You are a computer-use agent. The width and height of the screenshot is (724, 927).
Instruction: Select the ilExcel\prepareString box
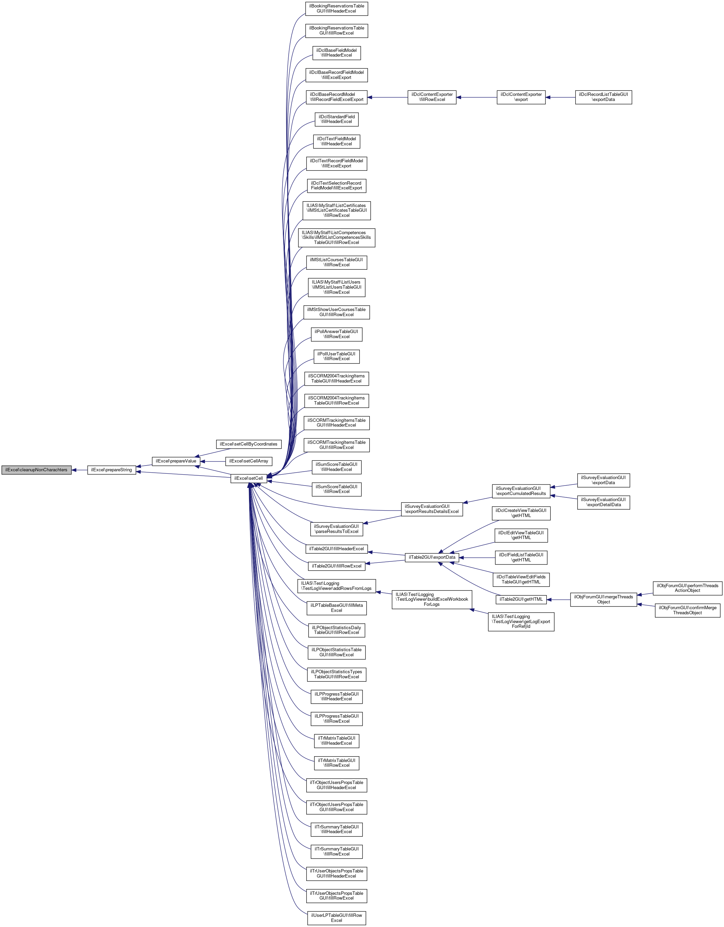pyautogui.click(x=111, y=470)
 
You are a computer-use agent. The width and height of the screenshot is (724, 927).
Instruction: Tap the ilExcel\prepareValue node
pyautogui.click(x=176, y=461)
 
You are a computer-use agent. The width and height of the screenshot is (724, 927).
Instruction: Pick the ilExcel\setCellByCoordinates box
pyautogui.click(x=248, y=444)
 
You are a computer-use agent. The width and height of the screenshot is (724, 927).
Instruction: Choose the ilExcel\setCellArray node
pyautogui.click(x=248, y=461)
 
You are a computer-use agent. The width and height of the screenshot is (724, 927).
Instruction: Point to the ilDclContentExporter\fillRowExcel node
pyautogui.click(x=432, y=97)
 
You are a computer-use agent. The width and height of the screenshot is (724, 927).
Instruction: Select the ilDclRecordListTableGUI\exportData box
pyautogui.click(x=603, y=97)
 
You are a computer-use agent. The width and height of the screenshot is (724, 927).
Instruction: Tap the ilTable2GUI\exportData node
pyautogui.click(x=432, y=557)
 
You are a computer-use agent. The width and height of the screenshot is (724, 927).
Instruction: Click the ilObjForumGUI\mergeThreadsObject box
pyautogui.click(x=603, y=599)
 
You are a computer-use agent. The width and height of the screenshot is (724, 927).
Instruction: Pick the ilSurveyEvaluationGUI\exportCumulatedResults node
pyautogui.click(x=521, y=491)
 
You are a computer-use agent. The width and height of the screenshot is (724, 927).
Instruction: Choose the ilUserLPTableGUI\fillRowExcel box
pyautogui.click(x=336, y=918)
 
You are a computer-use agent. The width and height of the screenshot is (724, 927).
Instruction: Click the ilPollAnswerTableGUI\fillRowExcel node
pyautogui.click(x=336, y=334)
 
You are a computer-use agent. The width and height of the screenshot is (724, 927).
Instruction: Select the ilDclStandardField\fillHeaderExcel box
pyautogui.click(x=336, y=119)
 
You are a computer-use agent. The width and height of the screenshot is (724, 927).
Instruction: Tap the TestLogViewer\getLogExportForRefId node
pyautogui.click(x=521, y=621)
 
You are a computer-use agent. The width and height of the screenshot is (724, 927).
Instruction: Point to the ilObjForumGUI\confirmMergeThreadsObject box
pyautogui.click(x=687, y=610)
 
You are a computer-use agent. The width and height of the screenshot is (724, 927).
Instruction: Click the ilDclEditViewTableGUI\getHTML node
pyautogui.click(x=521, y=535)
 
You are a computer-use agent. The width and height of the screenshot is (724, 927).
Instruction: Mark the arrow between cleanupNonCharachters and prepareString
pyautogui.click(x=79, y=470)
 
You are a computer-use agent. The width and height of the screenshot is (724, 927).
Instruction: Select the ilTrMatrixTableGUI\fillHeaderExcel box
pyautogui.click(x=336, y=741)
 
